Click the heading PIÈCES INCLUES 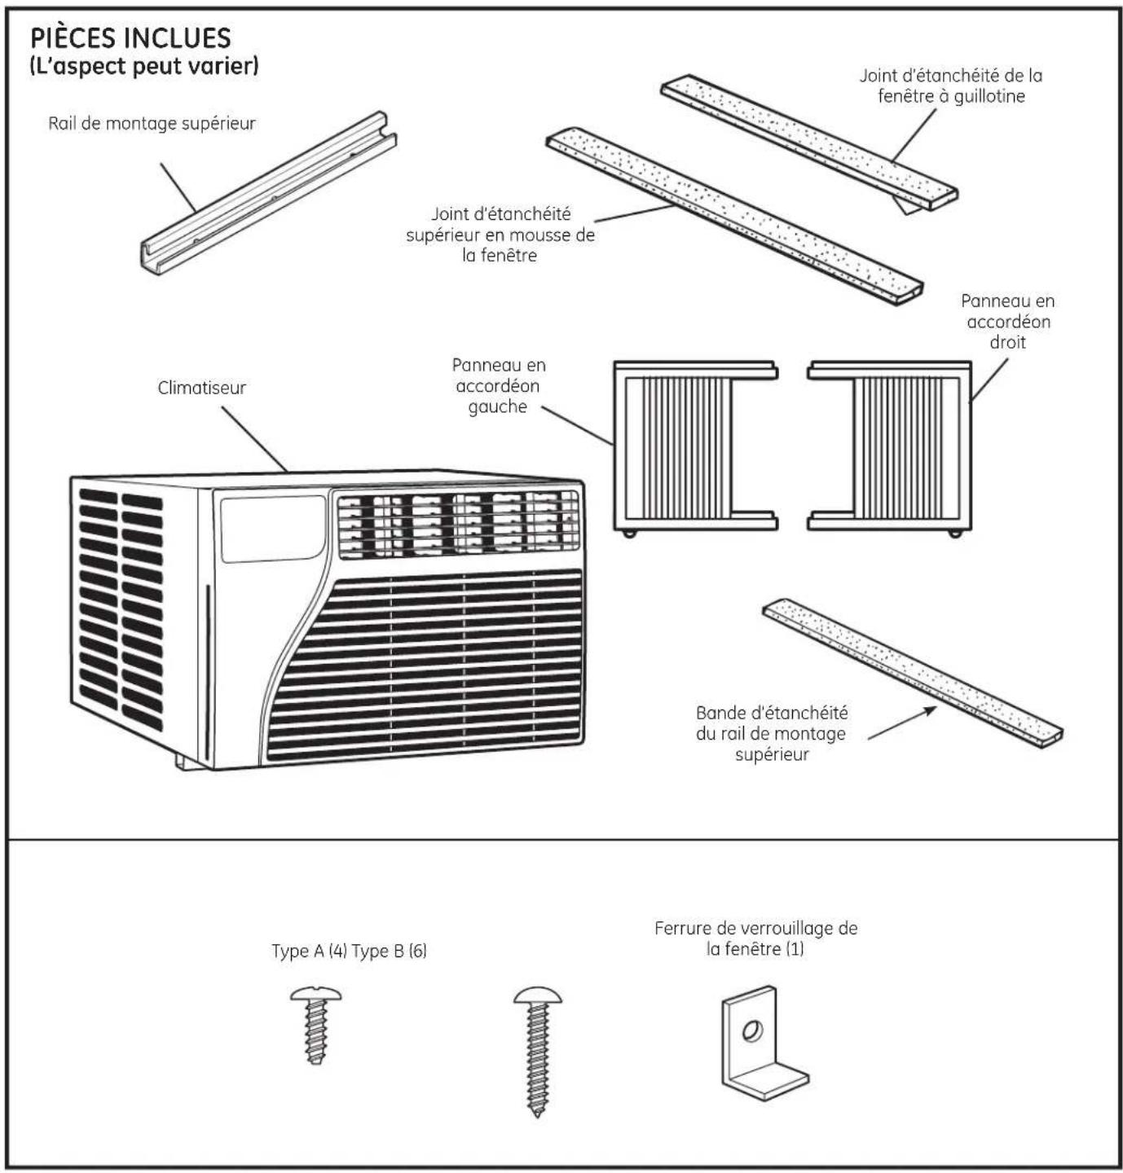pyautogui.click(x=130, y=38)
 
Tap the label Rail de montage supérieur pyautogui.click(x=152, y=124)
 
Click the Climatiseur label pyautogui.click(x=202, y=388)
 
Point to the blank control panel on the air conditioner pyautogui.click(x=273, y=529)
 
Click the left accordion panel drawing pyautogui.click(x=695, y=448)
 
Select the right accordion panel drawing pyautogui.click(x=890, y=448)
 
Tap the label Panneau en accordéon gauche pyautogui.click(x=499, y=386)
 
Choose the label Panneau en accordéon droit pyautogui.click(x=1008, y=321)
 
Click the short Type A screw pyautogui.click(x=315, y=1024)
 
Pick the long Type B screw pyautogui.click(x=537, y=1051)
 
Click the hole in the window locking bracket pyautogui.click(x=752, y=1030)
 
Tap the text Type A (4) pyautogui.click(x=309, y=951)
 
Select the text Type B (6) pyautogui.click(x=389, y=951)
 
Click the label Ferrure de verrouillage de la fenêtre pyautogui.click(x=755, y=938)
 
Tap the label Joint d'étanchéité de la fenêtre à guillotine pyautogui.click(x=951, y=86)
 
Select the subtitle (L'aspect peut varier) pyautogui.click(x=144, y=66)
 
